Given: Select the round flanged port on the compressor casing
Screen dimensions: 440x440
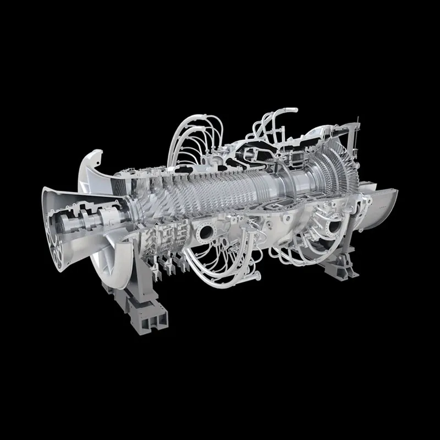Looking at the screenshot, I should (208, 231).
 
